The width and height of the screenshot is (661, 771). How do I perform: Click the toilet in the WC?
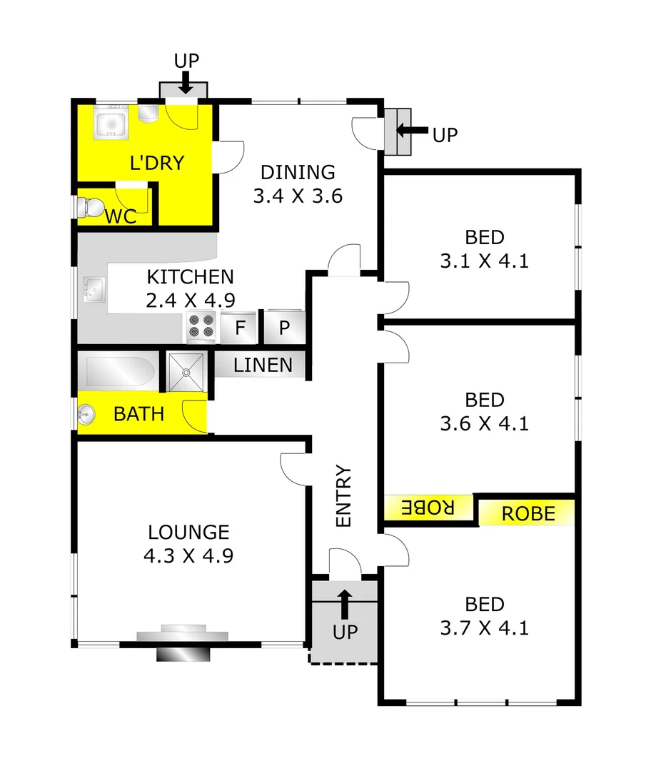89,207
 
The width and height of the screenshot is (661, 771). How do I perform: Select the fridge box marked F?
241,329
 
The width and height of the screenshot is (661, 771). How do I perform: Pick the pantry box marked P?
283,329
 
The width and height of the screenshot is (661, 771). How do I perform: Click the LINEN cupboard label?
263,366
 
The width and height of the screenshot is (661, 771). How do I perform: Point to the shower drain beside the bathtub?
186,371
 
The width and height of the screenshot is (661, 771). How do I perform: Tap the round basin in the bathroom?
87,413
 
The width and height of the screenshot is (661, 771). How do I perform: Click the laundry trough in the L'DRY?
111,121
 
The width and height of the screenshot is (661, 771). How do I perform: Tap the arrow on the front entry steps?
345,603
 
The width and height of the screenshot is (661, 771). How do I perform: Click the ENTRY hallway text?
344,496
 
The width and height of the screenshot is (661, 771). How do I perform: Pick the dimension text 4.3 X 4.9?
188,555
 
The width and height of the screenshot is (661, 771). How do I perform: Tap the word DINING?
298,172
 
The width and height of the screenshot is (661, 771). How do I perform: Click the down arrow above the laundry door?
185,84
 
